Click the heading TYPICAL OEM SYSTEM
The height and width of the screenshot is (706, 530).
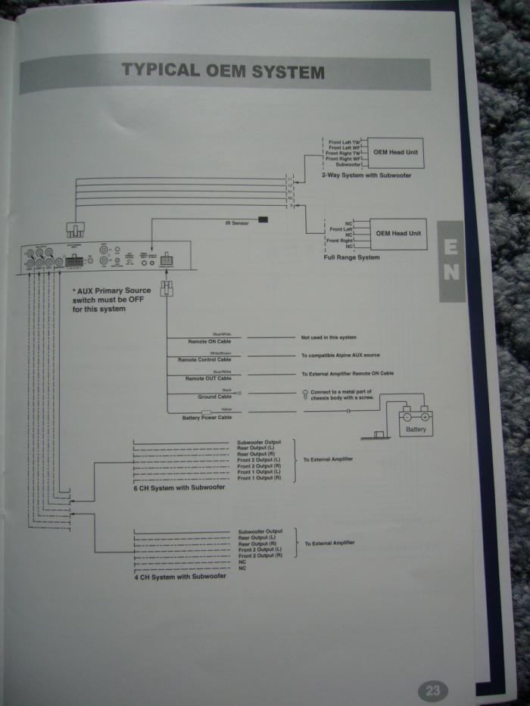(x=223, y=72)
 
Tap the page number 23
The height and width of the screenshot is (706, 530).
(x=432, y=690)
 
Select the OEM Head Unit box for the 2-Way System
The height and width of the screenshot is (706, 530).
(x=397, y=152)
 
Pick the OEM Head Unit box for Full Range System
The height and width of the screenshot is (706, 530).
(x=398, y=233)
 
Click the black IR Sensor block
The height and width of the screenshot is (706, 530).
(x=263, y=219)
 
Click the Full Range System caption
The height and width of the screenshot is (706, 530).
(x=351, y=257)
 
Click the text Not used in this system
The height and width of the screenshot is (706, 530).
(x=328, y=337)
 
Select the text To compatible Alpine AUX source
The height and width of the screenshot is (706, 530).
(x=340, y=355)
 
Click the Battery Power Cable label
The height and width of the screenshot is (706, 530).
(x=207, y=417)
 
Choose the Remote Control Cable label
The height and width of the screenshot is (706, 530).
(x=204, y=359)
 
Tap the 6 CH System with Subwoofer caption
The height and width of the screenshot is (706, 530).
(x=179, y=487)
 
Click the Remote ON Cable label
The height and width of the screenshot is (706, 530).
(x=209, y=342)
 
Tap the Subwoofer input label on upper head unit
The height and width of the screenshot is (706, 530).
(x=348, y=165)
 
